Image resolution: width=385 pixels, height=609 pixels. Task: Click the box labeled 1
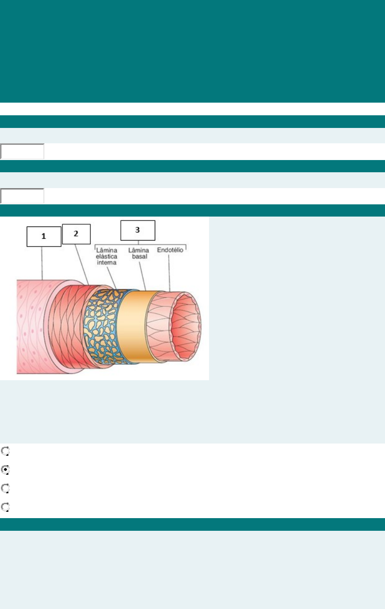point(43,236)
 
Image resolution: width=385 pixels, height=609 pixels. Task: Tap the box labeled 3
point(138,230)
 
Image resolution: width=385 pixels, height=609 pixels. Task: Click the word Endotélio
point(170,250)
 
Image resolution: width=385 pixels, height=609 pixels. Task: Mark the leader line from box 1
point(43,263)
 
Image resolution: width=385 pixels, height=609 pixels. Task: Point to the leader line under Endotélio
point(169,272)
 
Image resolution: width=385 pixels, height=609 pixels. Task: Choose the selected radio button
point(5,470)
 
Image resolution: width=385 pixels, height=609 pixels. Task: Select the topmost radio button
point(5,451)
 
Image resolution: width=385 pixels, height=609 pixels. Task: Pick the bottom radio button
point(5,507)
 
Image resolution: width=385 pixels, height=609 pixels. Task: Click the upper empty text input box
point(22,152)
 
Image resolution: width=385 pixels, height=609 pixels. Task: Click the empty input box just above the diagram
point(22,196)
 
